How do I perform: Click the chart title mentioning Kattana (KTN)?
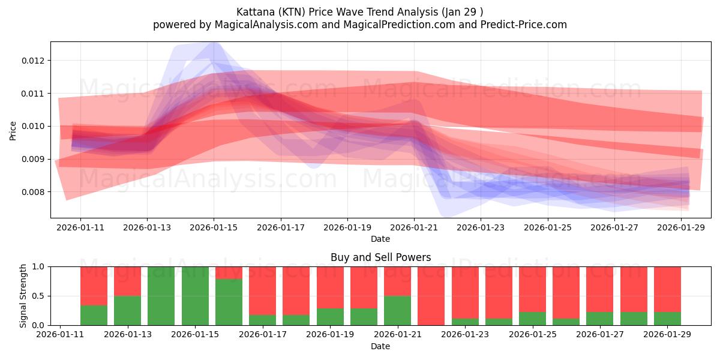(x=359, y=11)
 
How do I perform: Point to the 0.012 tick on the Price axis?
(x=33, y=61)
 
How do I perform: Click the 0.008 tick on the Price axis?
(x=33, y=192)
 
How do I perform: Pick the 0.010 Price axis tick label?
(x=33, y=126)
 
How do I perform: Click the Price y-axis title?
(x=13, y=130)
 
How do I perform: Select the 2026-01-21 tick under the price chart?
(x=414, y=228)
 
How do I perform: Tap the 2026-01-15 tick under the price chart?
(x=214, y=228)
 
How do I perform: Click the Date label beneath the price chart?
(x=380, y=239)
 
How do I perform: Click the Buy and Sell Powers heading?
(x=380, y=257)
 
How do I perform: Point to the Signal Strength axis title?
(x=23, y=296)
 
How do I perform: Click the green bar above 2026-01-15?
(x=195, y=296)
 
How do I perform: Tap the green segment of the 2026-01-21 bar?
(x=398, y=310)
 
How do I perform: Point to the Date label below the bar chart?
(x=380, y=346)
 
